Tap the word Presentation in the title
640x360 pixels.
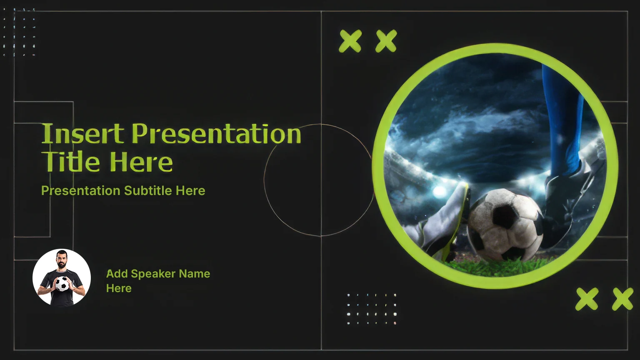[216, 133]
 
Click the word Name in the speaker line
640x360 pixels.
[195, 274]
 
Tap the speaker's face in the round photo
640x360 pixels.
[61, 260]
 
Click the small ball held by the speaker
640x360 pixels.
[62, 284]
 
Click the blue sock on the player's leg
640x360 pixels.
[561, 120]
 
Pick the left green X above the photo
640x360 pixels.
[350, 41]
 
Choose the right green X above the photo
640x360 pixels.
[386, 41]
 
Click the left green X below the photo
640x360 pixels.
[587, 299]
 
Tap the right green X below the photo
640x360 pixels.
[622, 299]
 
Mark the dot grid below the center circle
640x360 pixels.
[372, 309]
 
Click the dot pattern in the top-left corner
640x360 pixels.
[19, 32]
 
